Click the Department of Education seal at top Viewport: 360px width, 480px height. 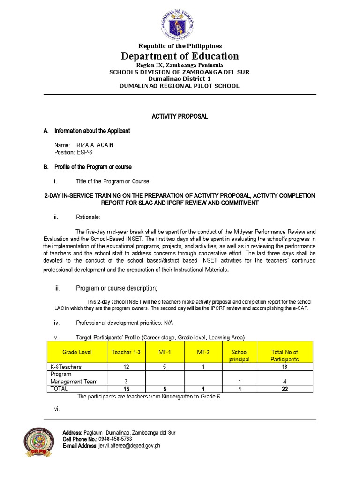pos(180,22)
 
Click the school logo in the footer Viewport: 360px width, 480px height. pos(42,444)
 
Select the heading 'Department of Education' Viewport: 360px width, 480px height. pos(180,56)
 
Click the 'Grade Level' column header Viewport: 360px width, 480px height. pos(77,352)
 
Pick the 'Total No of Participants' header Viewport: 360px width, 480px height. pos(285,356)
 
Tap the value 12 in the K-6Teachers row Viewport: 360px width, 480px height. pos(126,367)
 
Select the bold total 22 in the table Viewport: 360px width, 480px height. pos(285,389)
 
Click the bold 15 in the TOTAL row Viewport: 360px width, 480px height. pos(126,389)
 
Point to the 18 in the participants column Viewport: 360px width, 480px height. pos(285,367)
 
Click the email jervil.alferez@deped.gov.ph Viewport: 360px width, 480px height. pos(129,446)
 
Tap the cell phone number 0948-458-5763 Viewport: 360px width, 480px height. pos(112,439)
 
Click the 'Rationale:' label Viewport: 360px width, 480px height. pos(88,217)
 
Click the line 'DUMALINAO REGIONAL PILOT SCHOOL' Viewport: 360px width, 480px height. pos(180,86)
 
